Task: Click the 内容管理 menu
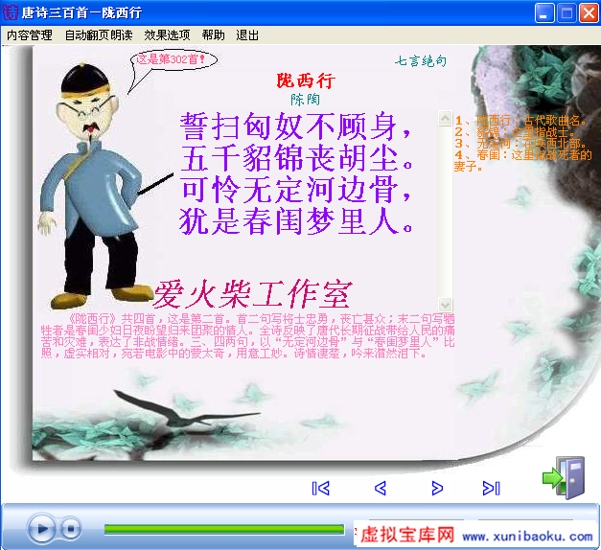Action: [x=30, y=35]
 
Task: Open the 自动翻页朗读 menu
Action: [x=99, y=35]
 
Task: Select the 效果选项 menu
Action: [x=167, y=35]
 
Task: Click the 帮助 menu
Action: [x=214, y=35]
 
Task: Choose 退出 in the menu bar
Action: [x=247, y=35]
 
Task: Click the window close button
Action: [x=587, y=12]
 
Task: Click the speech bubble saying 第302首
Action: [x=172, y=59]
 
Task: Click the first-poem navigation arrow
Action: [x=321, y=489]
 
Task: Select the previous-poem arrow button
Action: [x=381, y=489]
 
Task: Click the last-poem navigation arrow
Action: [x=492, y=489]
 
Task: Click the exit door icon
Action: [x=565, y=477]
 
